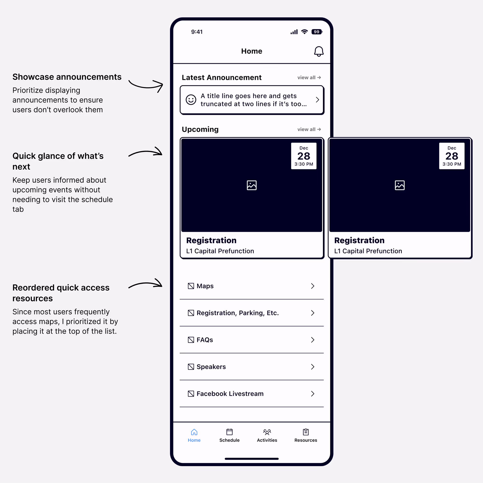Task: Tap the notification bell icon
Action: coord(319,51)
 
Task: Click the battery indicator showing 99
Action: coord(317,32)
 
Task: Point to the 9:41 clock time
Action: coord(197,32)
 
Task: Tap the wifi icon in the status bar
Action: coord(304,32)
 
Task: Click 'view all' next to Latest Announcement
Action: coord(309,77)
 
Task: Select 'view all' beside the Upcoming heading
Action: coord(309,129)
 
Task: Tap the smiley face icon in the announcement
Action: coord(191,100)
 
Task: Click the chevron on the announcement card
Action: coord(317,100)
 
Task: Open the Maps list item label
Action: coord(205,286)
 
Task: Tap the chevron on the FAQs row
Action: coord(313,340)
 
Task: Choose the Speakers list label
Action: coord(211,366)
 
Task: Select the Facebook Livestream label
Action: coord(230,393)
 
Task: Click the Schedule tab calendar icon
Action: coord(229,432)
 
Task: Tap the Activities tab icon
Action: coord(267,432)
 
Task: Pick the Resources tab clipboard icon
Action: coord(305,432)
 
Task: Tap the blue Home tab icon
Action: coord(194,432)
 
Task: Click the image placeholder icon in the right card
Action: coord(399,185)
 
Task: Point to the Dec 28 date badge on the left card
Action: coord(304,156)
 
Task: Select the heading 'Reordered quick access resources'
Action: coord(61,293)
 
